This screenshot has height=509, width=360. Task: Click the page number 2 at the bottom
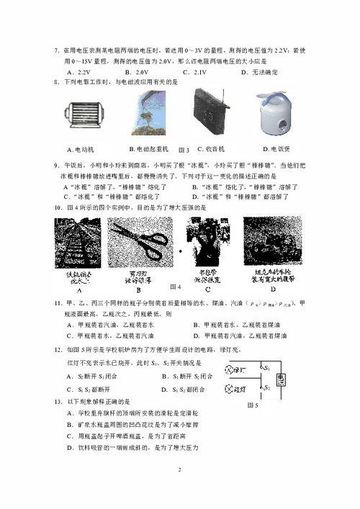coord(180,469)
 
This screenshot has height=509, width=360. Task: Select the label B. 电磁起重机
coord(148,149)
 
